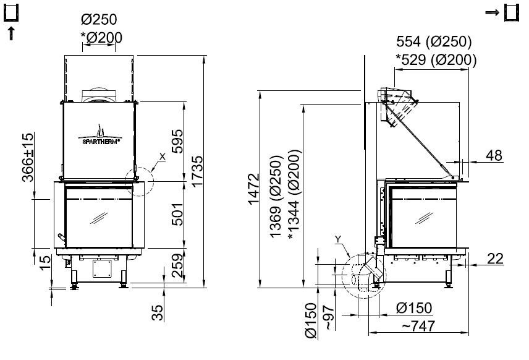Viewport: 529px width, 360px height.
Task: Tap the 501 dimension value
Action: point(177,214)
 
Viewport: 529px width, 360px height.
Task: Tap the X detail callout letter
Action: point(162,158)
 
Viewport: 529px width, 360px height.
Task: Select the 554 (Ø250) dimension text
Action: point(434,43)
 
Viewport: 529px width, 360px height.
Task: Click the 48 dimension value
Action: point(494,155)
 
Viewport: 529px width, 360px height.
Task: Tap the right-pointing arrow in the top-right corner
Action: point(492,12)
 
